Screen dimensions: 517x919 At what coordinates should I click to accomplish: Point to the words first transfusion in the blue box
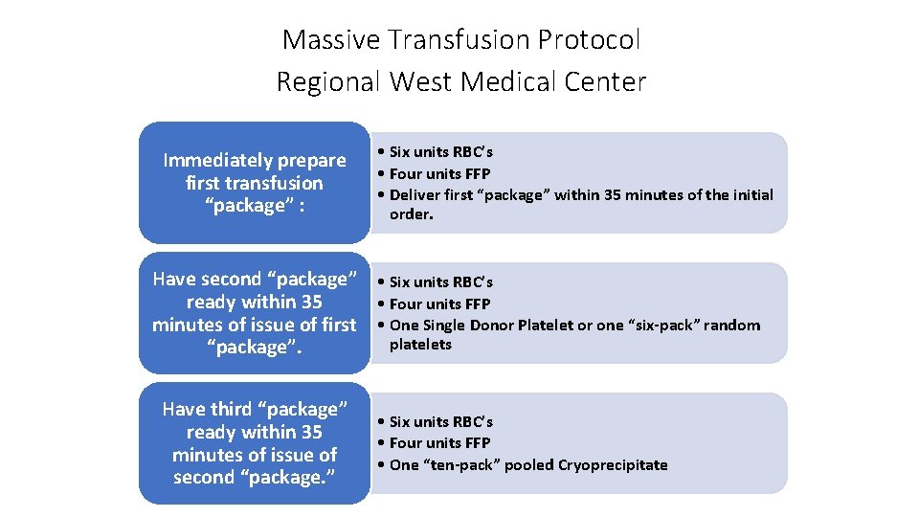[255, 183]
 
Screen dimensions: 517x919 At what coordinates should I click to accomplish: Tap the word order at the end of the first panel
[410, 214]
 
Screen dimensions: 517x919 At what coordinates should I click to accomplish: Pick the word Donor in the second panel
[496, 326]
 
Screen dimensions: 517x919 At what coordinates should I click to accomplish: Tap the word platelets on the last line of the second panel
[420, 345]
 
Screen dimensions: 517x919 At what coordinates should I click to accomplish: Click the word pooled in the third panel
[531, 465]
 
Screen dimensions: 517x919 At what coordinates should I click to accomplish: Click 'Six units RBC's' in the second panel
[440, 282]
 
